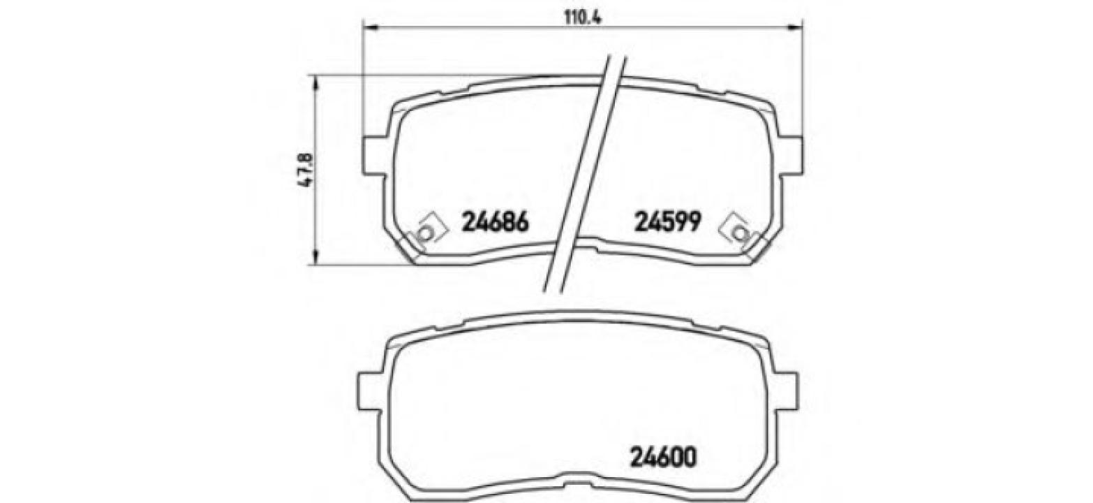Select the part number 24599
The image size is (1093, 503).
(667, 222)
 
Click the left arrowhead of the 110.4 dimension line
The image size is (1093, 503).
(371, 28)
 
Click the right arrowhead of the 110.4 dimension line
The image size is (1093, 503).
(795, 28)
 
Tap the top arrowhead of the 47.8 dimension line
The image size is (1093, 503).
(316, 84)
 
